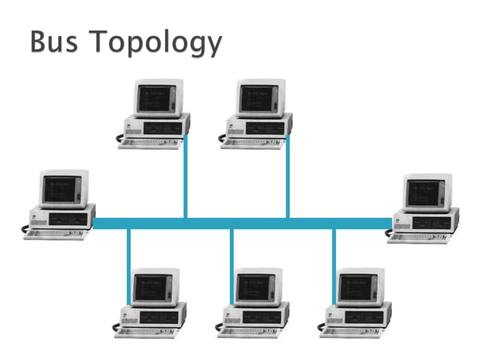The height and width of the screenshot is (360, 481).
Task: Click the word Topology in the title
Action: pyautogui.click(x=158, y=44)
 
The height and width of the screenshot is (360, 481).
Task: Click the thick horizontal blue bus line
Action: pyautogui.click(x=241, y=223)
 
